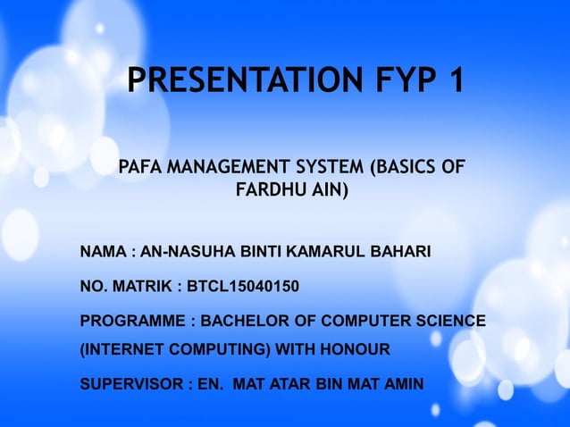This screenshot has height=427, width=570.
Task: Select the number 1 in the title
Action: (x=455, y=82)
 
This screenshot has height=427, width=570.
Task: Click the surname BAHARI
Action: (x=404, y=254)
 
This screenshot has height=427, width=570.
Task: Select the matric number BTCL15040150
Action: (x=243, y=287)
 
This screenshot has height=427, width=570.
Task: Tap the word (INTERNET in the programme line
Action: (x=120, y=348)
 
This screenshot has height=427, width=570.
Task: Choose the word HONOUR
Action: (x=357, y=348)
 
